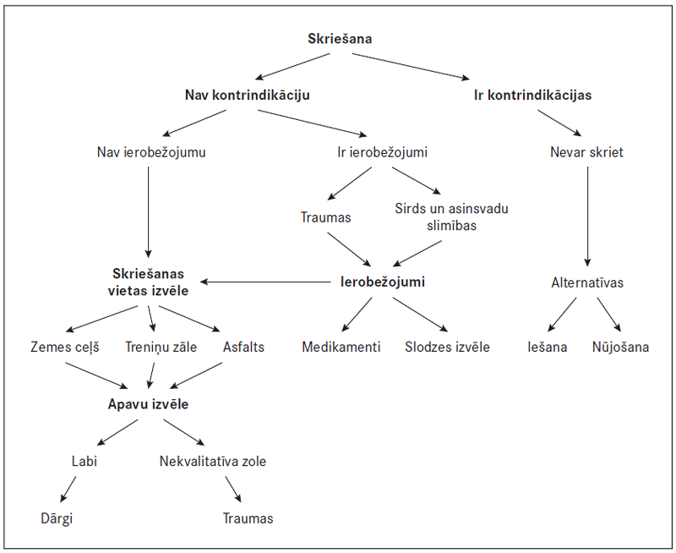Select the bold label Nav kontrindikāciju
click(247, 95)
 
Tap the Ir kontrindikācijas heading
click(532, 95)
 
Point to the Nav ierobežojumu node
click(152, 153)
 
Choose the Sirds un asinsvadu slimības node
click(452, 216)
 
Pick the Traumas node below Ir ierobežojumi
click(325, 217)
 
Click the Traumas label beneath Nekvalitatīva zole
click(248, 518)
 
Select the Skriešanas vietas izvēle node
click(150, 282)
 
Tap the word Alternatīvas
click(586, 282)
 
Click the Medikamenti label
click(341, 347)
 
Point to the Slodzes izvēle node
click(447, 347)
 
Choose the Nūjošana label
click(621, 347)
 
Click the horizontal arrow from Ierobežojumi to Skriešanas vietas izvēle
click(266, 282)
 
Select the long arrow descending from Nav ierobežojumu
click(150, 211)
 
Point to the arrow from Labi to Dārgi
click(69, 490)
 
